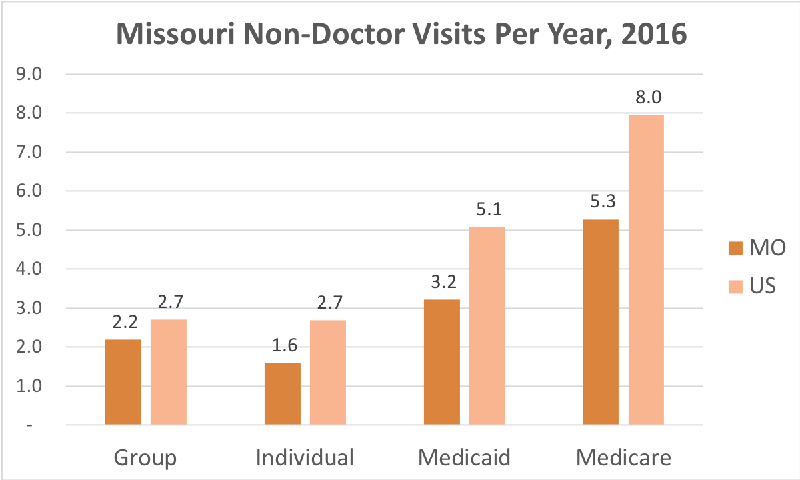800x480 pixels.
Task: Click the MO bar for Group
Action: (123, 382)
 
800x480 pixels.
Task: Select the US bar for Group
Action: (169, 372)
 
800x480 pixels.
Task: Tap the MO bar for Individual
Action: (283, 394)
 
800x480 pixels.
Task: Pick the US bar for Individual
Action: (328, 372)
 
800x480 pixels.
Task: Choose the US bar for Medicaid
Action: (487, 325)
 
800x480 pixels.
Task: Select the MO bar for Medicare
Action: (601, 322)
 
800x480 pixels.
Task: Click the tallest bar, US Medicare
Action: (646, 269)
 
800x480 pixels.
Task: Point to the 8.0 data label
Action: (647, 98)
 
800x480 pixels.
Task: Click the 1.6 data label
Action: (283, 346)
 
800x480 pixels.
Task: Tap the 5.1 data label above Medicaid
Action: (487, 210)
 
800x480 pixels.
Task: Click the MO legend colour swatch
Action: (735, 249)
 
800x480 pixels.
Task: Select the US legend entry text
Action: (764, 287)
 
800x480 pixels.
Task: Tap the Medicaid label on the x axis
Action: (464, 459)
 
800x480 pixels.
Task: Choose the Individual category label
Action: (305, 459)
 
